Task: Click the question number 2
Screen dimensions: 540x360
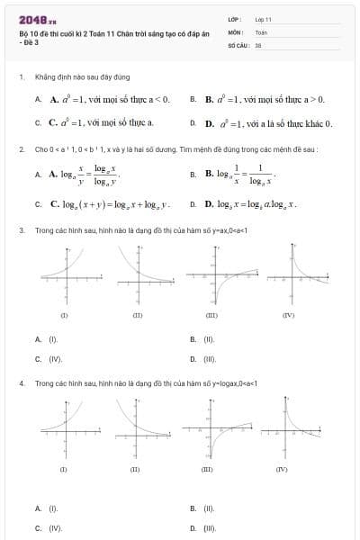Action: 21,148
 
